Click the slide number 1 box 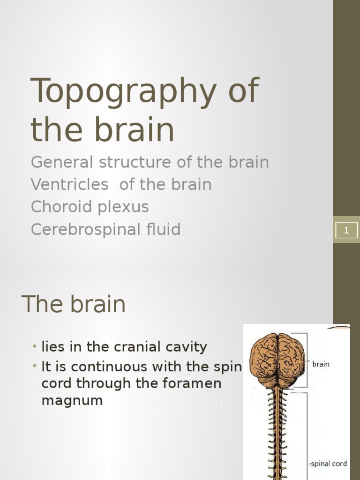(346, 230)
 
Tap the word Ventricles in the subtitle (69, 185)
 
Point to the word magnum (72, 401)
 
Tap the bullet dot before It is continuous (35, 366)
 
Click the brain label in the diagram (321, 364)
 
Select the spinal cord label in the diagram (329, 464)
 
